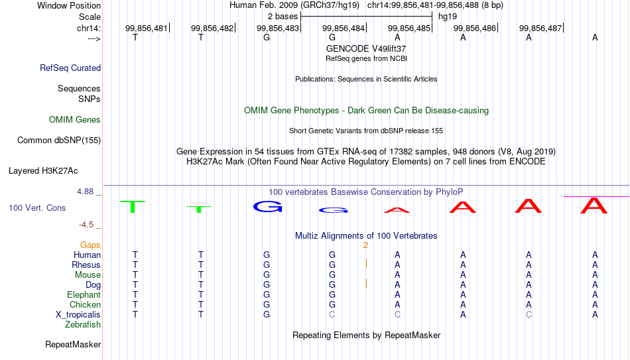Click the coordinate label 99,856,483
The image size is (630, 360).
click(278, 28)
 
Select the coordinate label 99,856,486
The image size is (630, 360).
click(475, 28)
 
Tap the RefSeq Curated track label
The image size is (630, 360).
click(70, 68)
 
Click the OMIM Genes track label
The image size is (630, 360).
click(75, 120)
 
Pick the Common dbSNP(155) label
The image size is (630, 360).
click(59, 141)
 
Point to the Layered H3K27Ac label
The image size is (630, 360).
click(43, 171)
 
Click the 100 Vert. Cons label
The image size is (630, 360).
click(37, 208)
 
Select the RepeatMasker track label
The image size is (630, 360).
click(73, 344)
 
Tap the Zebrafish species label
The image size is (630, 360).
click(83, 324)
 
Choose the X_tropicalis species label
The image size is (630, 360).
click(78, 315)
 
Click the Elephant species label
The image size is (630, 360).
click(84, 294)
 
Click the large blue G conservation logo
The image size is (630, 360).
click(268, 206)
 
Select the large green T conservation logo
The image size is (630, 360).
click(133, 206)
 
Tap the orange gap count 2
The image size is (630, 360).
click(365, 245)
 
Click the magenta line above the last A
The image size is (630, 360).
click(597, 196)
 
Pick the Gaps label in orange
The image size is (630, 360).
click(90, 245)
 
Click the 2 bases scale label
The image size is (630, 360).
click(283, 17)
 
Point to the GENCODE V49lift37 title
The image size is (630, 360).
click(366, 48)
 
